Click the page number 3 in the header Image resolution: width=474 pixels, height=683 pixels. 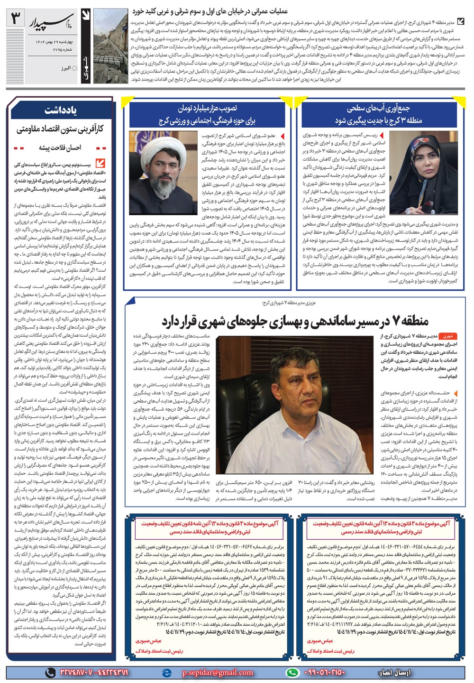[15, 19]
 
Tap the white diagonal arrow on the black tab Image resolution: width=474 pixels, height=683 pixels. [86, 18]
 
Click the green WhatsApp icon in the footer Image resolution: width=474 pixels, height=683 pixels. [294, 672]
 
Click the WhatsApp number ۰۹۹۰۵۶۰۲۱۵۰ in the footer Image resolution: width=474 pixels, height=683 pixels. [325, 672]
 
